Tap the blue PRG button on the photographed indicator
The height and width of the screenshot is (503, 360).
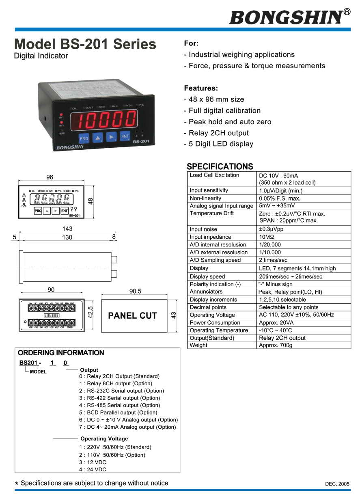(84, 138)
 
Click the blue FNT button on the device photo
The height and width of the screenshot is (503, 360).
(125, 136)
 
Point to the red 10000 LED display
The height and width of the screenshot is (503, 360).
(107, 119)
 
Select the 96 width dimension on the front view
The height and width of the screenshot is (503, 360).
(50, 177)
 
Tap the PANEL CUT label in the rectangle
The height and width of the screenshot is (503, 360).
(132, 315)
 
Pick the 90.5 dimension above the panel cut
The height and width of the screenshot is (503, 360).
(135, 291)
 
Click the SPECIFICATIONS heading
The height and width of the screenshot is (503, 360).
(220, 166)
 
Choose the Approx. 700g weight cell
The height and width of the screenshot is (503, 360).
(276, 345)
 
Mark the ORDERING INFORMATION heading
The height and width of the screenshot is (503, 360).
(61, 353)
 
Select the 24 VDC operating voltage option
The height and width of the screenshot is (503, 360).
(93, 469)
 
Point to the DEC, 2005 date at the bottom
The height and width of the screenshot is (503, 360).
(337, 484)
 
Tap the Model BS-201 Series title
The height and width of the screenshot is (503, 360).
(85, 44)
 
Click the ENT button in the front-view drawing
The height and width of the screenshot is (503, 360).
(65, 211)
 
